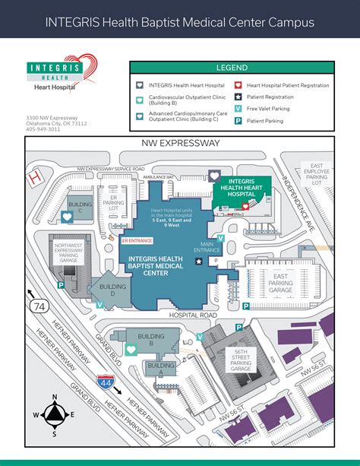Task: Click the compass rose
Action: pos(55,415)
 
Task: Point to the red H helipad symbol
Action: pos(33,177)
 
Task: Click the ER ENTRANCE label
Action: pos(137,240)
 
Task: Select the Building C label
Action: pos(80,205)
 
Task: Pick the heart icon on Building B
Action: pos(131,349)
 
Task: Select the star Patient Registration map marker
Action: pos(199,261)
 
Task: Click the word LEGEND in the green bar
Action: pos(232,68)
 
